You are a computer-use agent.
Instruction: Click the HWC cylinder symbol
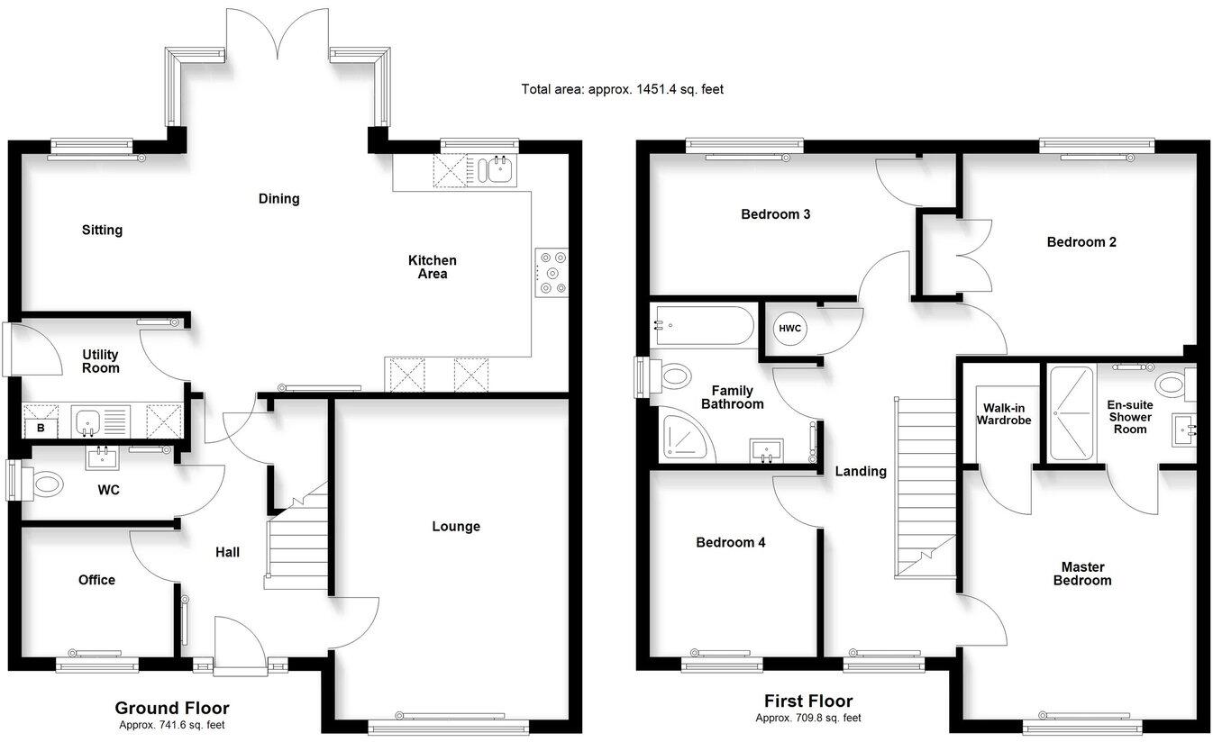790,329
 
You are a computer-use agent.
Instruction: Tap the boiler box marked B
40,428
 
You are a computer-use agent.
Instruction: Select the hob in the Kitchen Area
551,272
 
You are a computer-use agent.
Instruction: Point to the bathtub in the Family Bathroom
703,326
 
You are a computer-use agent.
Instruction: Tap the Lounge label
456,527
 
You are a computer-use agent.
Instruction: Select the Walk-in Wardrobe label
1007,414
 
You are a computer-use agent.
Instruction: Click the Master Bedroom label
1082,574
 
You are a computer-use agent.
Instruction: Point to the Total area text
622,89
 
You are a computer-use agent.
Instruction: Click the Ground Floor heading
171,709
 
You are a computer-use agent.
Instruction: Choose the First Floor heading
807,701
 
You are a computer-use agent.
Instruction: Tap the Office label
96,580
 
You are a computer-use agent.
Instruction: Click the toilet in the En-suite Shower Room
1174,386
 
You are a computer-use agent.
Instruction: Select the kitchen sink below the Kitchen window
495,169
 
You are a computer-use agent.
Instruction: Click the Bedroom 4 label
730,543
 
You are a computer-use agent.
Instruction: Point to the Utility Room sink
90,421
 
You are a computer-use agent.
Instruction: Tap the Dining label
278,199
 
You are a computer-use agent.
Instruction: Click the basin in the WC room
103,458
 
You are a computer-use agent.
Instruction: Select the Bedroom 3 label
775,214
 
